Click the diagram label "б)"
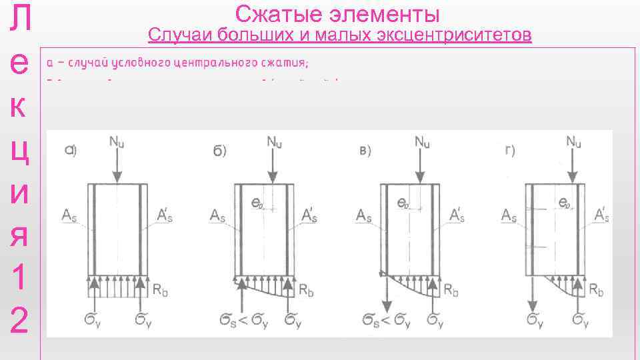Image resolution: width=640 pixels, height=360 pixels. tap(219, 151)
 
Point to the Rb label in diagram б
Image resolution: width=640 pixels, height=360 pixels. tap(305, 291)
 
